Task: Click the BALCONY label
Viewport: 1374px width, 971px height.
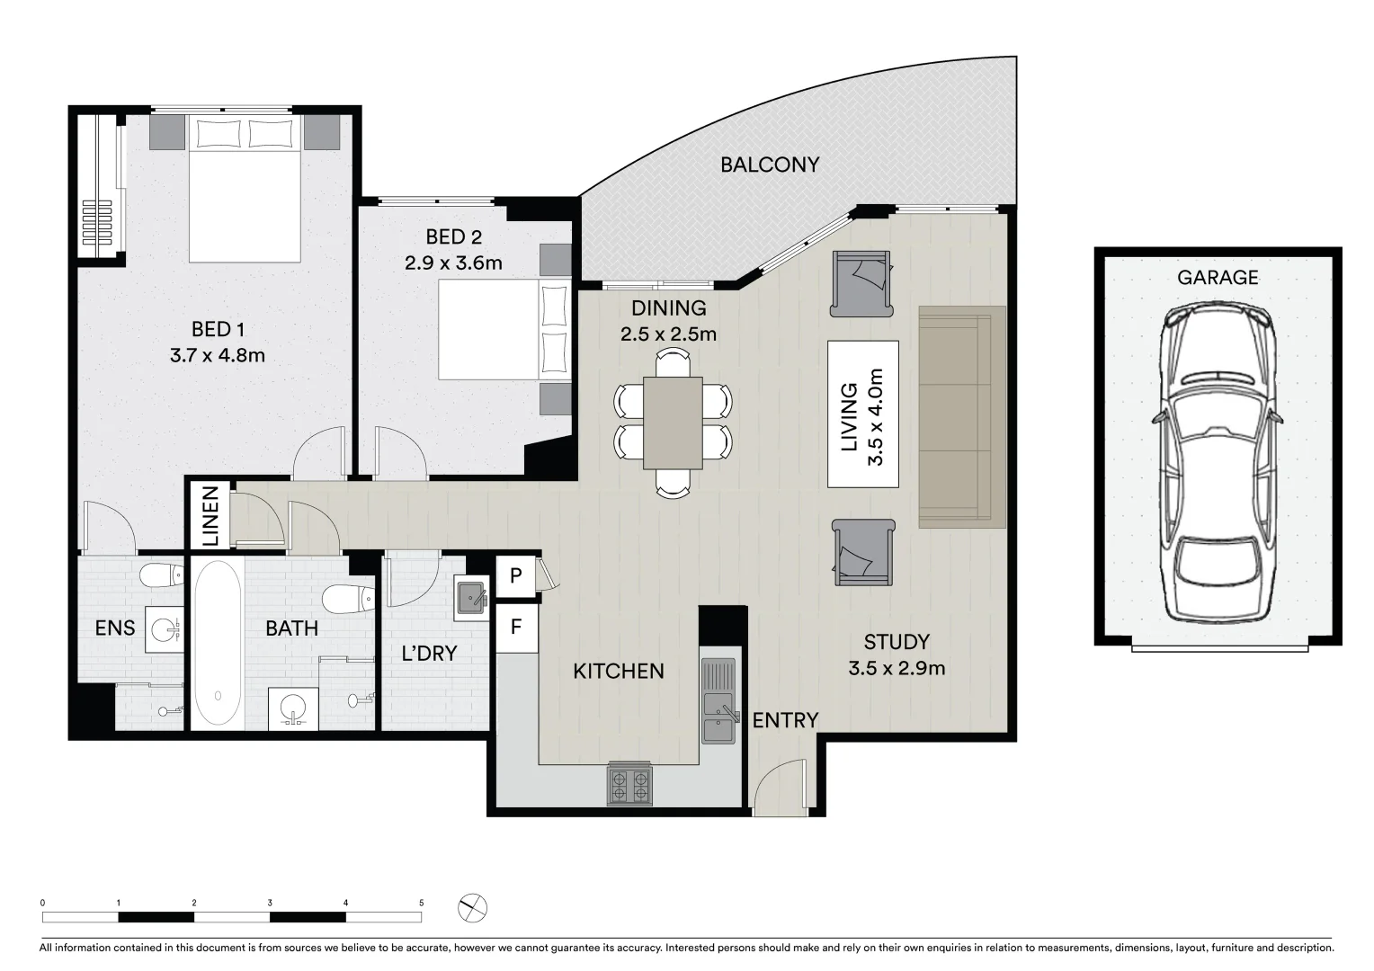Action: pyautogui.click(x=770, y=165)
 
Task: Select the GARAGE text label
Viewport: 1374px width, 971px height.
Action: pyautogui.click(x=1218, y=278)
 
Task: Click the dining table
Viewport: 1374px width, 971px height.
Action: pyautogui.click(x=673, y=423)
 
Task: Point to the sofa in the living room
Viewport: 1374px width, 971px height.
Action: pyautogui.click(x=961, y=417)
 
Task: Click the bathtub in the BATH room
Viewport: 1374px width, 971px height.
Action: pyautogui.click(x=218, y=644)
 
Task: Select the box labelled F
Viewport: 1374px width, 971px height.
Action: pyautogui.click(x=516, y=626)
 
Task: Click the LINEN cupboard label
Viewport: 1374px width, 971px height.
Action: pyautogui.click(x=209, y=517)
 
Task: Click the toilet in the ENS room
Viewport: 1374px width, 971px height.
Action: pyautogui.click(x=162, y=575)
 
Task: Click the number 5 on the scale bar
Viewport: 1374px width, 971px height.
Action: pyautogui.click(x=421, y=902)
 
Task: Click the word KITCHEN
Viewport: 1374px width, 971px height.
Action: pyautogui.click(x=619, y=671)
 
